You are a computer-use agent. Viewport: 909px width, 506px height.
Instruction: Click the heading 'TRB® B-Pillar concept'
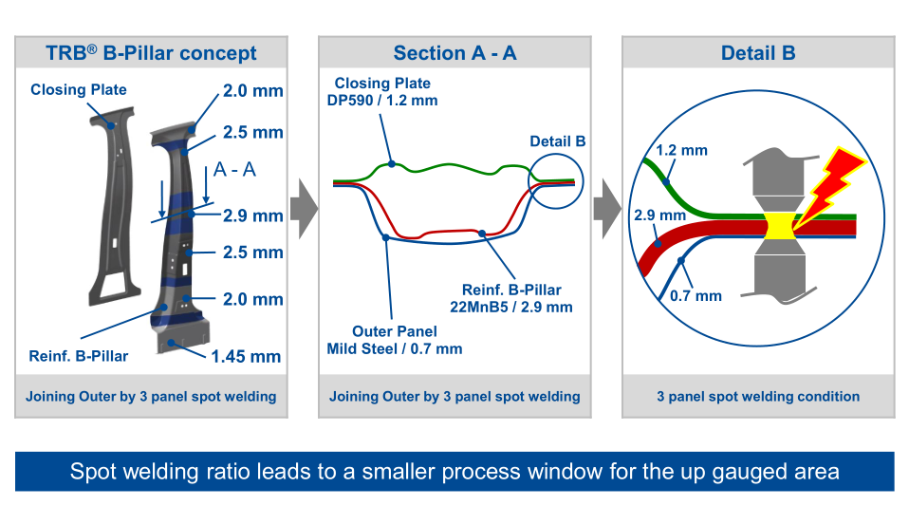[x=152, y=53]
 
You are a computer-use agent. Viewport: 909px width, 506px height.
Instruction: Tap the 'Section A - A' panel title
[x=454, y=53]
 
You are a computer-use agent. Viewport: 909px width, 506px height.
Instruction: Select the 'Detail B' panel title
[x=757, y=53]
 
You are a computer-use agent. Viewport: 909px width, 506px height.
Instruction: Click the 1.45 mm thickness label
[x=246, y=357]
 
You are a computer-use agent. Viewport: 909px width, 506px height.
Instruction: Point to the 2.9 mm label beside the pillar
[x=253, y=216]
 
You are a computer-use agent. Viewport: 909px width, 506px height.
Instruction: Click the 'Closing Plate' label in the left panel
[x=79, y=90]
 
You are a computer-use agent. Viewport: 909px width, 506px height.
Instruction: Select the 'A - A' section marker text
[x=235, y=170]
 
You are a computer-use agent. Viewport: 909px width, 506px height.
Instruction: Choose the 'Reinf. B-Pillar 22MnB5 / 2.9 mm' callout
[x=511, y=298]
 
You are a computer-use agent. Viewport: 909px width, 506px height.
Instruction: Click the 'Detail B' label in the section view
[x=557, y=142]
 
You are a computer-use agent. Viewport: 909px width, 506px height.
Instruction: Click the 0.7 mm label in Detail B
[x=696, y=296]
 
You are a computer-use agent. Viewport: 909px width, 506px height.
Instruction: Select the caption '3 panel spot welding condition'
[x=757, y=396]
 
